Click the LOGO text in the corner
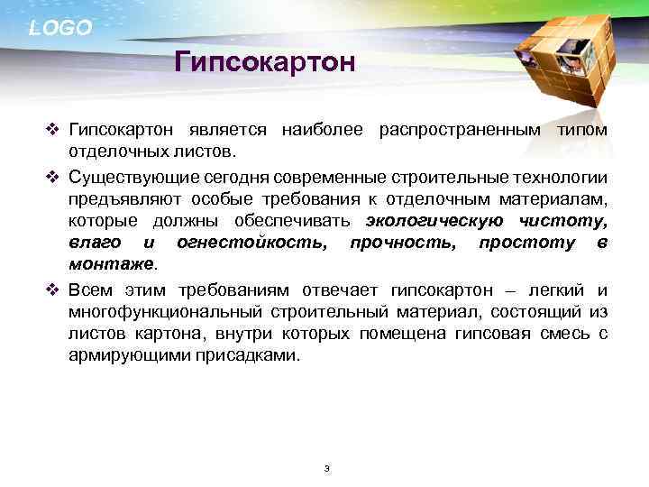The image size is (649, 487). pos(60,28)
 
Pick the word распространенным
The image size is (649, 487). pos(456,131)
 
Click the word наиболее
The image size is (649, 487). pos(323,131)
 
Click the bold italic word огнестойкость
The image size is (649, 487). pos(252,243)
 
